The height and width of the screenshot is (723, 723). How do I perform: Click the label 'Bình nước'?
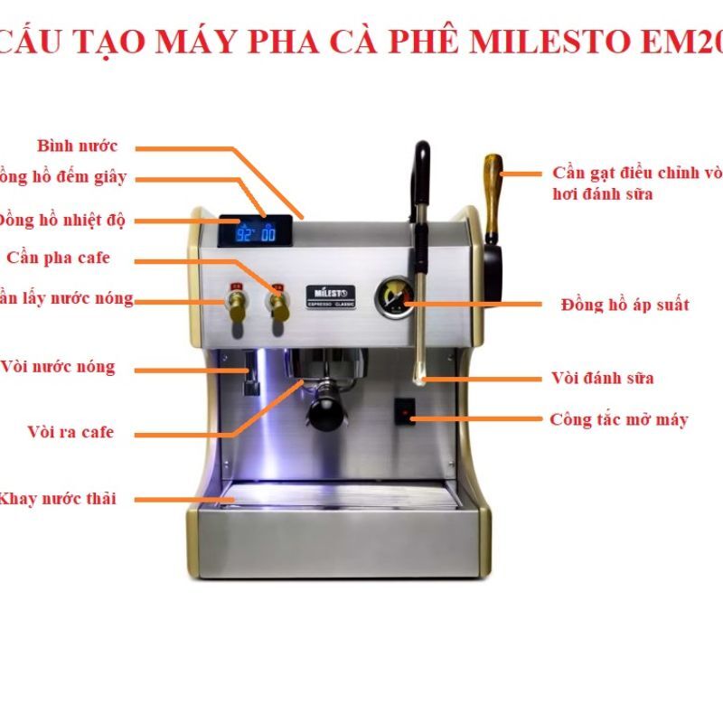coord(77,146)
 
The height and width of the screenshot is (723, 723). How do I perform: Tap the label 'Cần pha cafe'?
coord(58,258)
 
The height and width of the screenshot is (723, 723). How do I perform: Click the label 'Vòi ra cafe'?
coord(70,433)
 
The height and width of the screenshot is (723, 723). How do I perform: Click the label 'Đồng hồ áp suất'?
coord(624,305)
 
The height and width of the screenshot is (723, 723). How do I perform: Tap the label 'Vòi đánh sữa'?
coord(602,378)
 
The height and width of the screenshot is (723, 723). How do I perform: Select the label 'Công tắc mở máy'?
coord(618,419)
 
